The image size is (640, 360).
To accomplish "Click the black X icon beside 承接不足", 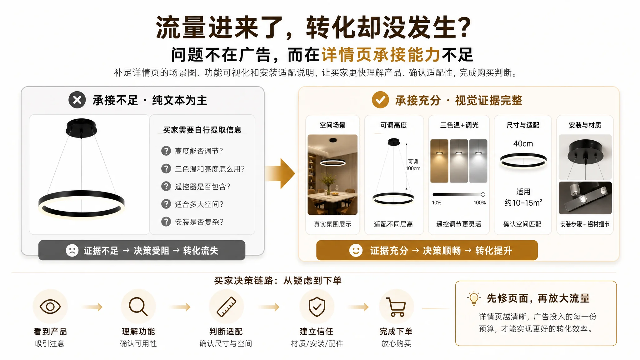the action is [77, 100].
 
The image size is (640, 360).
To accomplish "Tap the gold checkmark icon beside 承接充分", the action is [380, 100].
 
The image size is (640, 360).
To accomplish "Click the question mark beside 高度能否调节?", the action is [166, 151].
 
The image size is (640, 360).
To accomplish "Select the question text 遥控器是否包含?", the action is [202, 187].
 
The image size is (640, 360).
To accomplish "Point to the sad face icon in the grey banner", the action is [72, 250].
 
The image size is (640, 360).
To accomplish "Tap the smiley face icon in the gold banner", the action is [356, 250].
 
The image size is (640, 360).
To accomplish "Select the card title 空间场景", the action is [332, 125].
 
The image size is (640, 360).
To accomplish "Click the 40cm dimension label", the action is [523, 144].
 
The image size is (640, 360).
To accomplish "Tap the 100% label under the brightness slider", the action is [480, 203].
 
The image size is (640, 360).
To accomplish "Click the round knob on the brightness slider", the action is [483, 194].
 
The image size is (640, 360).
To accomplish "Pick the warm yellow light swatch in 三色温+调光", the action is [439, 161].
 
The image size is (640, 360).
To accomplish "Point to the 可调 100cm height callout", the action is [413, 165].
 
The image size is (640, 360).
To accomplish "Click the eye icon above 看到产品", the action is [50, 307].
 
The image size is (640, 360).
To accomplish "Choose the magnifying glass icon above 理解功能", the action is [138, 306].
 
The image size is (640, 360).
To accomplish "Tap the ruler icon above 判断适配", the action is [227, 307].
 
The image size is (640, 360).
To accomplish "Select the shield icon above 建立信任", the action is [317, 307].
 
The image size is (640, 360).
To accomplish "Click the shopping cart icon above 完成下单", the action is [396, 307].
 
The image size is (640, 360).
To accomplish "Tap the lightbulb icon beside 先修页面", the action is [474, 298].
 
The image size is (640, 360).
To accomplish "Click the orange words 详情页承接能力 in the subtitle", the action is [381, 55].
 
